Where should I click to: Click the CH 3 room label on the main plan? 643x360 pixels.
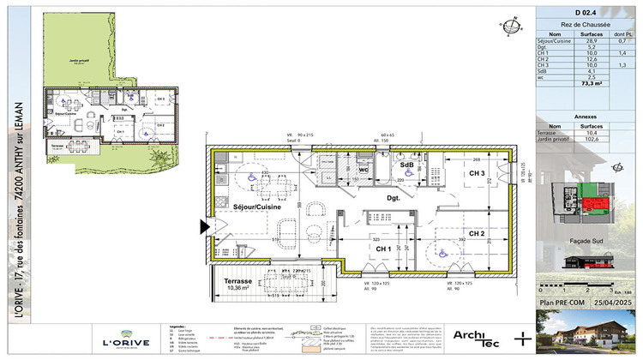point(477,174)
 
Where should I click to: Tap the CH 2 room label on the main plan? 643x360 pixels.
point(477,233)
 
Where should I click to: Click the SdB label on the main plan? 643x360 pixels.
point(408,165)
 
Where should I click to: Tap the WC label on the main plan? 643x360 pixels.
point(364,169)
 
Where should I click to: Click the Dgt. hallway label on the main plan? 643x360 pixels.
point(394,197)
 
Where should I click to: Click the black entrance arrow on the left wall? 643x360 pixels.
point(204,227)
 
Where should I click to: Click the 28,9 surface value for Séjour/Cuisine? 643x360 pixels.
point(580,39)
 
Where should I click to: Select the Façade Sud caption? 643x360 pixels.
point(589,243)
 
